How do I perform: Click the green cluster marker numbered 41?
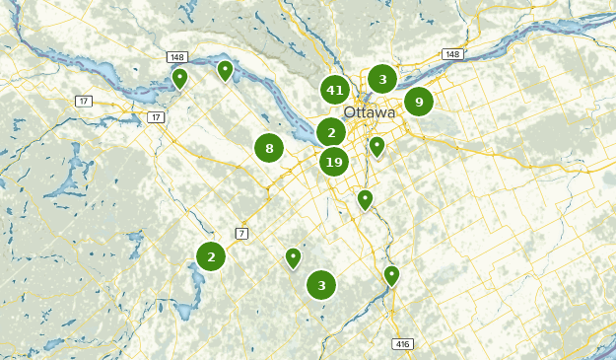coord(335,91)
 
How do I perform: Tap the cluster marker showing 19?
coord(334,162)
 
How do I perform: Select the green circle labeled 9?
coord(419,102)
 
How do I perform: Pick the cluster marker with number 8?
coord(269,149)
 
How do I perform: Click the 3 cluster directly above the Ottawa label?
coord(382,79)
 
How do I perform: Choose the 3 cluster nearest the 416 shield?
coord(321,285)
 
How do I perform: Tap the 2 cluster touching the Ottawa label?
coord(332,132)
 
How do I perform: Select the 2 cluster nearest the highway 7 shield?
coord(211,256)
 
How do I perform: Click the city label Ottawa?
coord(370,112)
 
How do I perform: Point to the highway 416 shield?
coord(403,343)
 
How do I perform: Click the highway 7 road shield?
coord(241,233)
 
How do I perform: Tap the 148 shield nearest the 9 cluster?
coord(451,54)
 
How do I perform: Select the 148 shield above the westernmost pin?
coord(177,57)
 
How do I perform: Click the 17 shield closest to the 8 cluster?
coord(156,117)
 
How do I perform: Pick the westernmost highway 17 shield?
coord(84,101)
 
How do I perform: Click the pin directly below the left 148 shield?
coord(179,78)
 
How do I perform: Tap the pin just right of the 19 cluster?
coord(376,147)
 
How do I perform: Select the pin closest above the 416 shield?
coord(391,275)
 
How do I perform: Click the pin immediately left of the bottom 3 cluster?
coord(293,257)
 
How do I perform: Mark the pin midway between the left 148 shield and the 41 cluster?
coord(225,70)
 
